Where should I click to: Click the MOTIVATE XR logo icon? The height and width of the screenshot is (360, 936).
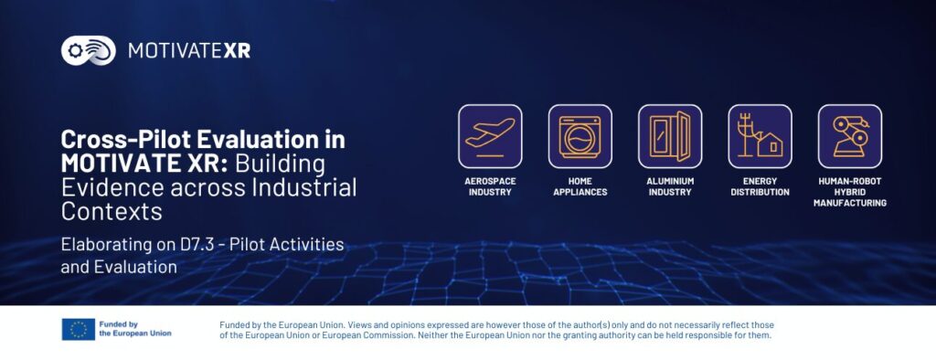click(89, 51)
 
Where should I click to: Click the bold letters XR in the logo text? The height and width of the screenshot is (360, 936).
click(237, 51)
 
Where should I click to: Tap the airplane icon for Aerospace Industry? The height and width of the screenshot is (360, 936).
click(490, 137)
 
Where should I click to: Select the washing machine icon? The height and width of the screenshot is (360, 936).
click(580, 137)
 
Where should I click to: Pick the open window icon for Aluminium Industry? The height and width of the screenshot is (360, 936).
click(670, 137)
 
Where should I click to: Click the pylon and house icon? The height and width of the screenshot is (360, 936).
click(760, 137)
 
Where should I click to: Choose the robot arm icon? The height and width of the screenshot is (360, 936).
click(850, 137)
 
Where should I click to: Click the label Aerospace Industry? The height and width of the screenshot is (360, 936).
click(490, 186)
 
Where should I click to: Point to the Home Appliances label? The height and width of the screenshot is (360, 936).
click(580, 186)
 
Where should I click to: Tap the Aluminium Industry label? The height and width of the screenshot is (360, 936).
click(670, 186)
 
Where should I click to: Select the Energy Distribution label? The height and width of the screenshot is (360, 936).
click(760, 186)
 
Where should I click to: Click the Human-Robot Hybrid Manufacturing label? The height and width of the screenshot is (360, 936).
click(850, 192)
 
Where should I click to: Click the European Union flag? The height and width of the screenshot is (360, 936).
click(79, 329)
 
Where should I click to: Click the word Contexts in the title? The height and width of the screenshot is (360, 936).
click(112, 212)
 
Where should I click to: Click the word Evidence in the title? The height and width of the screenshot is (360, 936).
click(112, 187)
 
